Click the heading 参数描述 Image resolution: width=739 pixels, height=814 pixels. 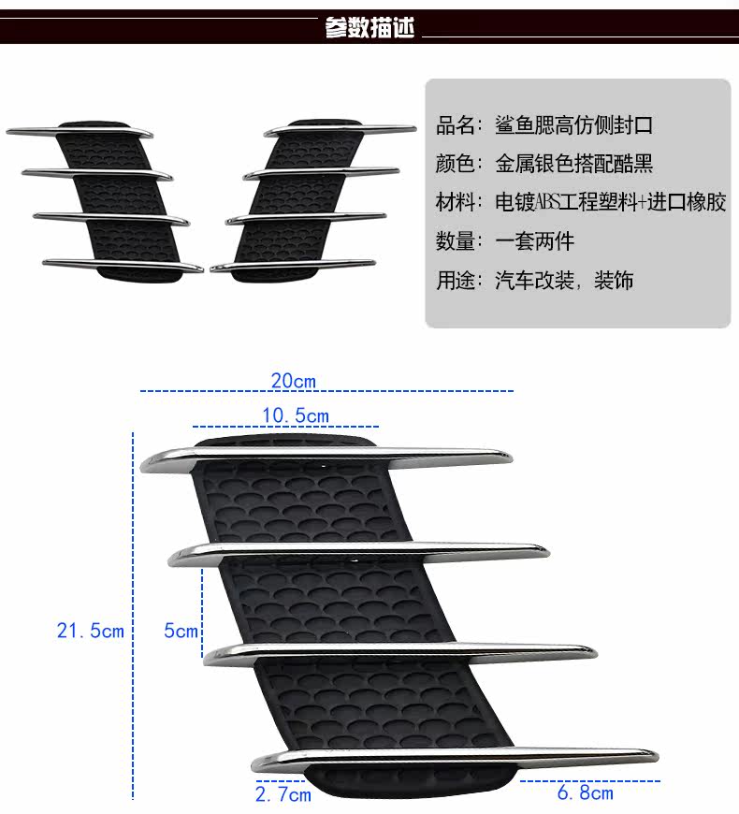pyautogui.click(x=369, y=28)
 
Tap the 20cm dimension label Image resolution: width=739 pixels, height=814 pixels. pyautogui.click(x=293, y=380)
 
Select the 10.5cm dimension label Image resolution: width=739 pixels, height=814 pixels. pyautogui.click(x=294, y=415)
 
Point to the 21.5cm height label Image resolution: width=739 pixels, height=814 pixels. pyautogui.click(x=90, y=631)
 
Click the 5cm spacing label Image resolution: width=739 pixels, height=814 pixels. pyautogui.click(x=181, y=631)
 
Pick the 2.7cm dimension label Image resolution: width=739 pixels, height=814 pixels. pyautogui.click(x=283, y=794)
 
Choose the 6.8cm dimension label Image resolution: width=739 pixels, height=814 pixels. pyautogui.click(x=585, y=792)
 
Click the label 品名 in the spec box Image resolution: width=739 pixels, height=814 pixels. pyautogui.click(x=458, y=125)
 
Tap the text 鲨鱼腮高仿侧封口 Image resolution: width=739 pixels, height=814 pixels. pyautogui.click(x=572, y=125)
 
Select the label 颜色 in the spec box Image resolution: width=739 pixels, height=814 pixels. pyautogui.click(x=458, y=164)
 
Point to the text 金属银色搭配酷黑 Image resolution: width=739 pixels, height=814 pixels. pyautogui.click(x=572, y=164)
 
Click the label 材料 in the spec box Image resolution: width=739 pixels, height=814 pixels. pyautogui.click(x=458, y=202)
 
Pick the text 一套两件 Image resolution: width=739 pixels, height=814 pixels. pyautogui.click(x=534, y=241)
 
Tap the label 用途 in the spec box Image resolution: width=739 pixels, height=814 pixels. pyautogui.click(x=458, y=280)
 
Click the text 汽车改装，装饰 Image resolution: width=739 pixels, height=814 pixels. pyautogui.click(x=563, y=280)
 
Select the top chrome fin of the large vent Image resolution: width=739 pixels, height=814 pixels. pyautogui.click(x=327, y=458)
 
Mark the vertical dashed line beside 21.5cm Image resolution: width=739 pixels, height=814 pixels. pyautogui.click(x=134, y=618)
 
